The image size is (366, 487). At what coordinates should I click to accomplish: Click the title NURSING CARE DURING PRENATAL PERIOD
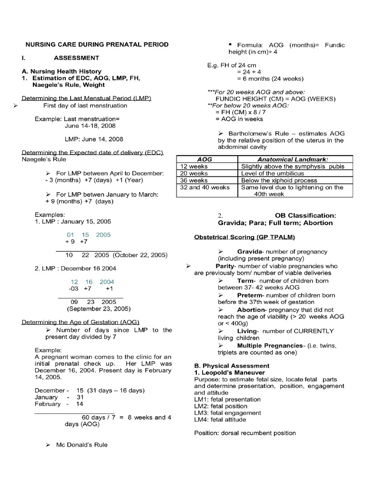pos(97,44)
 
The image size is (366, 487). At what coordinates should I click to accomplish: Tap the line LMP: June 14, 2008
pos(94,139)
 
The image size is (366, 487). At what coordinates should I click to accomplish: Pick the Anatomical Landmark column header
pos(293,160)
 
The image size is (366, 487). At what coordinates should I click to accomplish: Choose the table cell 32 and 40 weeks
pos(205,187)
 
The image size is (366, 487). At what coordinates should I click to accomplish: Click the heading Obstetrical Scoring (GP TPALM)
pos(244,237)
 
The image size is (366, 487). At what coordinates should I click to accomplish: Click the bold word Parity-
pos(226,266)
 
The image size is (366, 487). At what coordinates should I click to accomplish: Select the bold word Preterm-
pos(253,295)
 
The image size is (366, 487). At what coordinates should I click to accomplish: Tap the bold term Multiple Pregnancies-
pos(270,345)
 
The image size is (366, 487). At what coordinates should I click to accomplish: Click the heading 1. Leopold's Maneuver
pos(222,372)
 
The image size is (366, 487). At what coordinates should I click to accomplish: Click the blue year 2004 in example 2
pos(107,282)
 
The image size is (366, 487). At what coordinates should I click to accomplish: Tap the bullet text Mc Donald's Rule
pos(81,445)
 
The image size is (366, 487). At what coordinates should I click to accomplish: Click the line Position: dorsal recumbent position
pos(245,433)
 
